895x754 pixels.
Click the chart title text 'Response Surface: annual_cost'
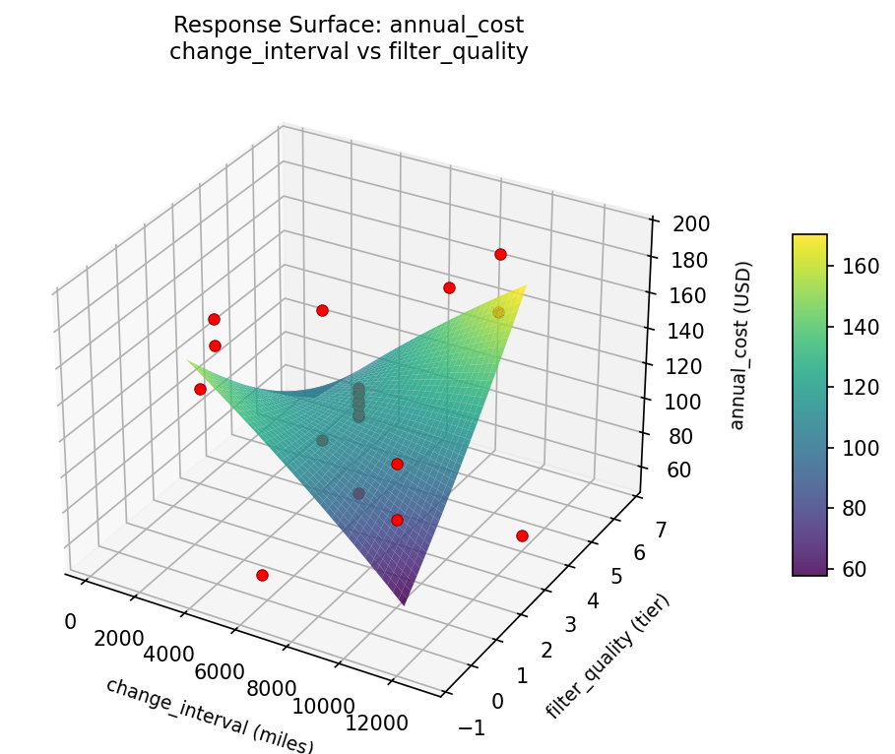[349, 24]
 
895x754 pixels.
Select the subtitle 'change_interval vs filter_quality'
[349, 52]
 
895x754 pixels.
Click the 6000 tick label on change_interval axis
[219, 672]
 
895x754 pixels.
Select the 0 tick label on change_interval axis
[69, 621]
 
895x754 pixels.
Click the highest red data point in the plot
[500, 254]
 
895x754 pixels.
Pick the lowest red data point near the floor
[262, 575]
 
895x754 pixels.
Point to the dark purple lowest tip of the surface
[404, 601]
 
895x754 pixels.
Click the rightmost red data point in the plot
[522, 535]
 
